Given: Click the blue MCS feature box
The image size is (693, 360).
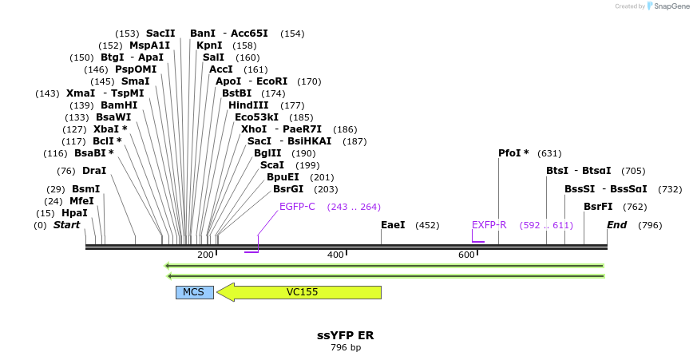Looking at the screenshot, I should [194, 292].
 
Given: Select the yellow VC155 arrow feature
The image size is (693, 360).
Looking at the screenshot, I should [302, 292].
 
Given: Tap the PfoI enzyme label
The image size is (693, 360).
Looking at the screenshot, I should [513, 153].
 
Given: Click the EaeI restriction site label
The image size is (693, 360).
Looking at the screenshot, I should [393, 225].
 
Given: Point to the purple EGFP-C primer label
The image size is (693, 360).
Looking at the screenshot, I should [297, 207].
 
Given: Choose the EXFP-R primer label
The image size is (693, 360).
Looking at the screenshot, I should [489, 225].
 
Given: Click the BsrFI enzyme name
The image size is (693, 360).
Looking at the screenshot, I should [598, 207].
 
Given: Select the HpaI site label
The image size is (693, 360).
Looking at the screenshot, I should [74, 213].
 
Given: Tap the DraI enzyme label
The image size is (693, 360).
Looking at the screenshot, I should [94, 171].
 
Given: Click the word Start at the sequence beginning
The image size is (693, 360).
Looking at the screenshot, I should [66, 225].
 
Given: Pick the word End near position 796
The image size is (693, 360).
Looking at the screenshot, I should [616, 225].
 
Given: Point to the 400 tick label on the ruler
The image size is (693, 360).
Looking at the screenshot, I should [335, 255].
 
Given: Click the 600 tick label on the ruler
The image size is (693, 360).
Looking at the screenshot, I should [466, 255].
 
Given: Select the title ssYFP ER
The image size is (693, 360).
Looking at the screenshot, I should [345, 335].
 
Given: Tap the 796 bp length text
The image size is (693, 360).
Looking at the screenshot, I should [346, 348].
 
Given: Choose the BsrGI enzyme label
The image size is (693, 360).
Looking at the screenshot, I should [288, 189].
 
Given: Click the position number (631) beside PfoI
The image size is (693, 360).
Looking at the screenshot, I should [549, 153].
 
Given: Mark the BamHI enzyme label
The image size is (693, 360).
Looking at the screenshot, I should [119, 105].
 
